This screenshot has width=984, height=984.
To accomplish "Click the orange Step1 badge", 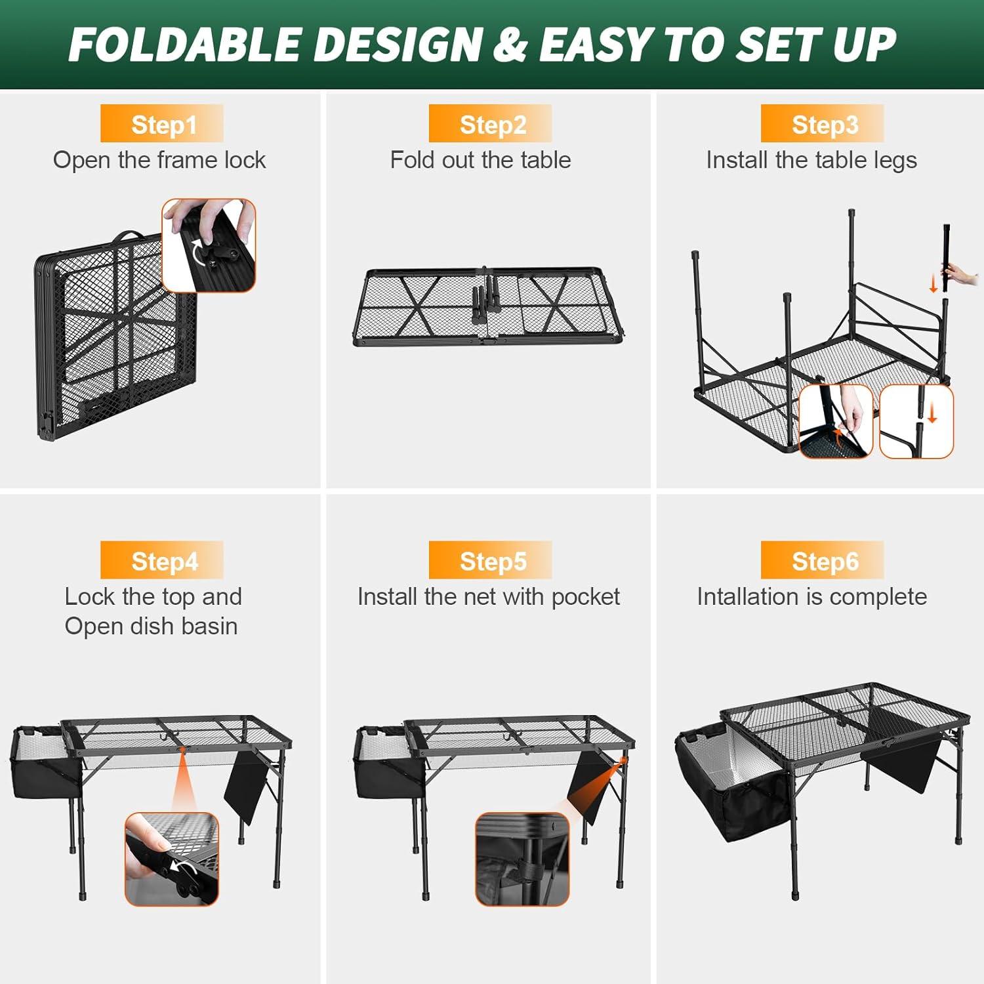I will (162, 124).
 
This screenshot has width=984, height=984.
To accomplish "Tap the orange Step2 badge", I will (491, 124).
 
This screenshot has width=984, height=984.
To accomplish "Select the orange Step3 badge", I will (823, 124).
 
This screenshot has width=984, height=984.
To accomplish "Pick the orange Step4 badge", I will (162, 561).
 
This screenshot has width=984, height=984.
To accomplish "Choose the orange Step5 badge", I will (491, 561).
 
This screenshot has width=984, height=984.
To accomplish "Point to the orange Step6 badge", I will (823, 561).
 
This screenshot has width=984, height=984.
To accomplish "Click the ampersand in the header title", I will (511, 45).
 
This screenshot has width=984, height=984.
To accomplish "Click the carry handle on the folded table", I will (129, 236).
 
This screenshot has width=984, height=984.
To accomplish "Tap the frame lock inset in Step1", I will (209, 245).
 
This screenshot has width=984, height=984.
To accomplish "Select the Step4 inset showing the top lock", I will (172, 859).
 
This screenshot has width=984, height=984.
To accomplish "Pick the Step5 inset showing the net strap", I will (522, 859).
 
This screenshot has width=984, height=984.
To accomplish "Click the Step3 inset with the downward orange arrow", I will (916, 421).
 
